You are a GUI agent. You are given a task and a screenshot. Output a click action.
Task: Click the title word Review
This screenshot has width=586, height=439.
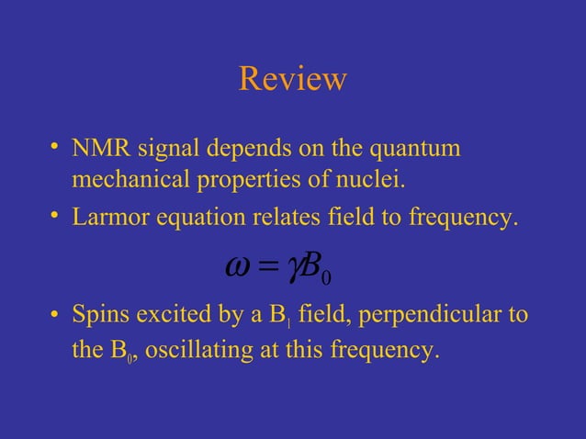[x=292, y=79]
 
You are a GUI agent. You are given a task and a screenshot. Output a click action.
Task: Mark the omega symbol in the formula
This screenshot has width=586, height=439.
[x=238, y=268]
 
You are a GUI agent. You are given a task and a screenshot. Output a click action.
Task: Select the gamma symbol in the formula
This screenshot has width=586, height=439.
[x=295, y=270]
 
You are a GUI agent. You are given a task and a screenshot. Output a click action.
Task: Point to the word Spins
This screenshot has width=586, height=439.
[x=99, y=316]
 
